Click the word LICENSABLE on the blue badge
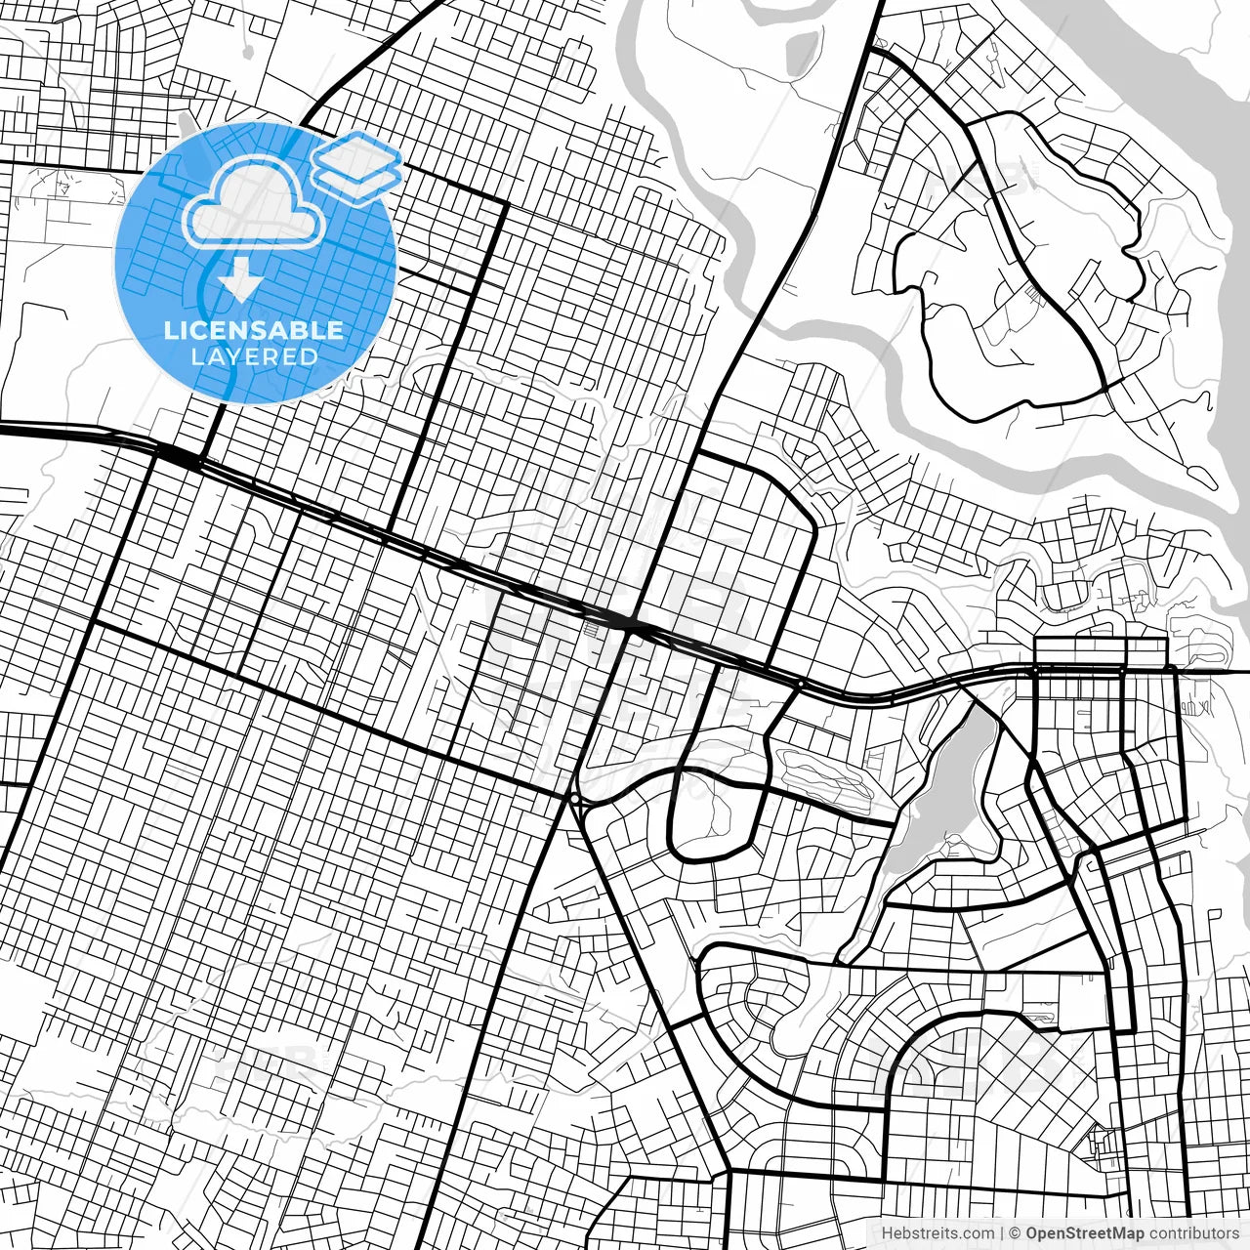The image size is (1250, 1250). click(254, 330)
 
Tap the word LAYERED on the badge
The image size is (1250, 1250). click(254, 356)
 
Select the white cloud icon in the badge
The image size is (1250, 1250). click(254, 203)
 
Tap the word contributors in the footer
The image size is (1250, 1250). click(1193, 1233)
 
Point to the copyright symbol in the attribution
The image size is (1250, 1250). click(1015, 1233)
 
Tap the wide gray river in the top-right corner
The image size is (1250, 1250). click(1152, 59)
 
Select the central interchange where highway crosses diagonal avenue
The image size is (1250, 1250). click(630, 625)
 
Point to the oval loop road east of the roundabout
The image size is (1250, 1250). click(713, 811)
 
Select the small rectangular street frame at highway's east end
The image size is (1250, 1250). click(1101, 652)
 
